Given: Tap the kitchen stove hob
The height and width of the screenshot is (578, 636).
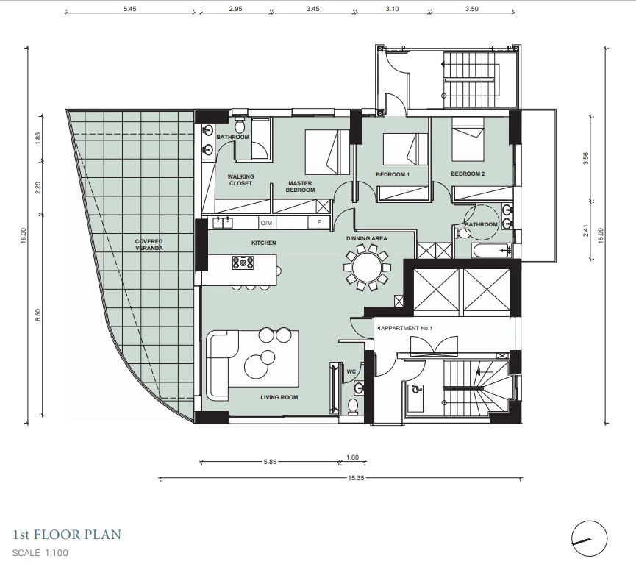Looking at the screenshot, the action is pos(243,263).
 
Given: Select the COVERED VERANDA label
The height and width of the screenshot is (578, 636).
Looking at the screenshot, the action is pos(149,245).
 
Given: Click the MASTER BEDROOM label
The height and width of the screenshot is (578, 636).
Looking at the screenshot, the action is pos(300,187).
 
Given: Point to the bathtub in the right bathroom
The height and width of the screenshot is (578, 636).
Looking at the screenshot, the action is pos(491,250).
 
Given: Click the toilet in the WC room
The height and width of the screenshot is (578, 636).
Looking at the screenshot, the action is pos(353,406).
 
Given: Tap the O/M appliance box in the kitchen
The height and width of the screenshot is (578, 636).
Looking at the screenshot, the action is pos(266,223).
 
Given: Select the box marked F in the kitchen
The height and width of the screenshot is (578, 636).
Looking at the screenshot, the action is pos(319,222).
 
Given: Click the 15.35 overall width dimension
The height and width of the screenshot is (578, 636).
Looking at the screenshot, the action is pos(356,478).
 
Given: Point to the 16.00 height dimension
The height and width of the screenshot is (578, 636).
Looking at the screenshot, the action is pos(23,235).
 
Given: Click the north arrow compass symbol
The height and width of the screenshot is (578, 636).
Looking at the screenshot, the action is pos(589,538).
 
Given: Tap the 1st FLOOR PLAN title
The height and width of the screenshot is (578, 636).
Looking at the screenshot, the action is pos(68,534).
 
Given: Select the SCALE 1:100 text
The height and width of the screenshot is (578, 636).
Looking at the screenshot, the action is pos(40,553).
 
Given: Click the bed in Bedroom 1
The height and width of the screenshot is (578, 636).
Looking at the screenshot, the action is pos(406,149).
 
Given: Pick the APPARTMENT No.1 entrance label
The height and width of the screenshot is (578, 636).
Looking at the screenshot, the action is pos(407,328).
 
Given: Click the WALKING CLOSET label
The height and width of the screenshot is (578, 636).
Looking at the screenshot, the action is pos(240,179).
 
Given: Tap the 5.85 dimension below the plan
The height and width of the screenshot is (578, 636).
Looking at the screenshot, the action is pos(270,462).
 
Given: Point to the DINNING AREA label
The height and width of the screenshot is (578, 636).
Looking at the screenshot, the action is pos(367,238).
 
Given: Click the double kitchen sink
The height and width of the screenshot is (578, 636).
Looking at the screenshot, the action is pos(223,223).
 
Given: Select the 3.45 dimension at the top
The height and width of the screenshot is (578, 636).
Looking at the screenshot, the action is pos(312,9).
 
